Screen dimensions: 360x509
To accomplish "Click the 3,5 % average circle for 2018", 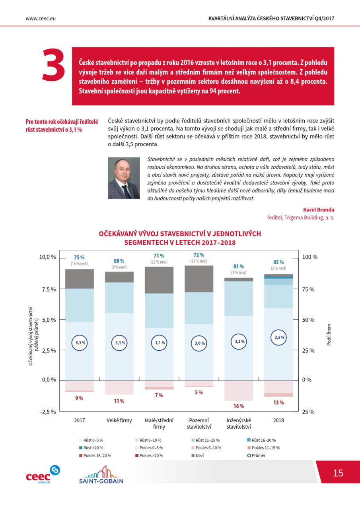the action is (x=278, y=338).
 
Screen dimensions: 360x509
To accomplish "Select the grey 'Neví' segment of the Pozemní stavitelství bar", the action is (x=199, y=279).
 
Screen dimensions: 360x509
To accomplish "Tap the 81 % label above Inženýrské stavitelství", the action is (x=239, y=266).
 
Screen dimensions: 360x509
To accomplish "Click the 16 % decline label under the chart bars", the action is (x=239, y=406).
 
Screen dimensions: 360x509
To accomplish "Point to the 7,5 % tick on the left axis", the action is (x=47, y=289).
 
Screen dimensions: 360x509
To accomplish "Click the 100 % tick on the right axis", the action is (x=310, y=257).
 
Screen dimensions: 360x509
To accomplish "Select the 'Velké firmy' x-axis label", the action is (x=119, y=420).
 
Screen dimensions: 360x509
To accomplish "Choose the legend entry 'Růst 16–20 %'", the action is (x=261, y=440).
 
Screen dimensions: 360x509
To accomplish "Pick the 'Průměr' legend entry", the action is (x=256, y=455).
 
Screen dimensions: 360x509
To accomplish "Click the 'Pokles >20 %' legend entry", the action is (x=149, y=455).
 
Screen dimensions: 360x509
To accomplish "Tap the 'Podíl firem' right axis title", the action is (x=329, y=335).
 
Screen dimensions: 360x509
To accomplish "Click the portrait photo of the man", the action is (x=124, y=178).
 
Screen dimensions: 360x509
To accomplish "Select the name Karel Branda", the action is (x=319, y=210).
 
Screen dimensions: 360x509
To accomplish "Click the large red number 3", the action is (x=54, y=64).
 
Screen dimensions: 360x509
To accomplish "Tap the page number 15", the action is (x=338, y=473).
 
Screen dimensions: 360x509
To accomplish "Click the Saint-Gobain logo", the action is (x=101, y=474).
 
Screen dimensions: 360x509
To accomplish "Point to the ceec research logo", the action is (x=43, y=474).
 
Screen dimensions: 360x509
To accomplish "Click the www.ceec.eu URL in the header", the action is (x=41, y=19).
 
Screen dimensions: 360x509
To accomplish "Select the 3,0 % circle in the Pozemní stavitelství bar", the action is (x=199, y=343).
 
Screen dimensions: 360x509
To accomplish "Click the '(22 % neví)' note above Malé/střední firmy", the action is (x=159, y=262).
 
